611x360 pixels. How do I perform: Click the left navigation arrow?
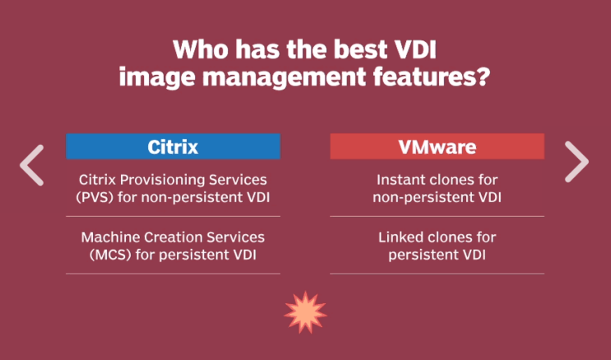click(32, 164)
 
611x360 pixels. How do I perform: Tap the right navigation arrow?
click(576, 162)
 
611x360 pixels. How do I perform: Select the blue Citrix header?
click(173, 147)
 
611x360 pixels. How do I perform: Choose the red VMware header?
click(437, 147)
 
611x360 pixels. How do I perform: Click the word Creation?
click(171, 237)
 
